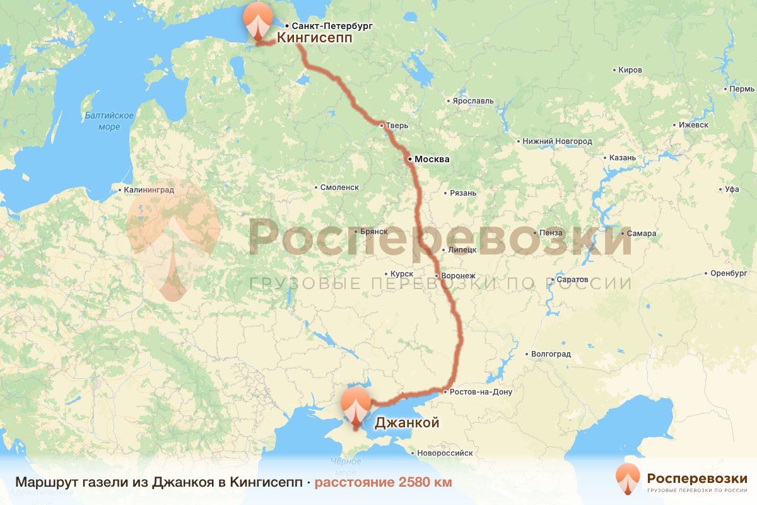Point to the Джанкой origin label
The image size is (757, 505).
point(407,423)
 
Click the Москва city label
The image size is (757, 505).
point(431,160)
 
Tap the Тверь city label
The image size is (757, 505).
point(397,126)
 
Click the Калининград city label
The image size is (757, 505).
point(150,189)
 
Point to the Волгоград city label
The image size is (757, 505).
point(551,354)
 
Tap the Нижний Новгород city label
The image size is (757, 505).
point(557,141)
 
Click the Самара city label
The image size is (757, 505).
point(642,234)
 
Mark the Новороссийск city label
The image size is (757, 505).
point(445,453)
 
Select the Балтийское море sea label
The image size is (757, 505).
point(109,121)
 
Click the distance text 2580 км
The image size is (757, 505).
point(384,482)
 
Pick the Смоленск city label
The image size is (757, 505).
point(339,187)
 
